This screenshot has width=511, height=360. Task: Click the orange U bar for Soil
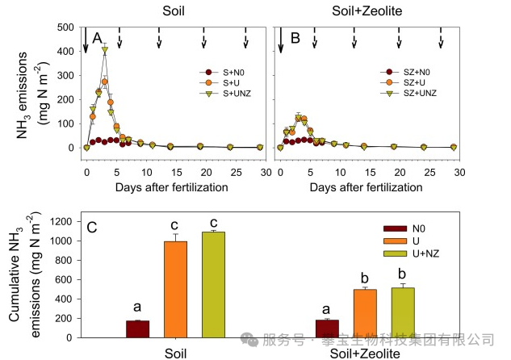pos(175,289)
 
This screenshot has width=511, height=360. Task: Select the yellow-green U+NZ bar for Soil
pos(213,284)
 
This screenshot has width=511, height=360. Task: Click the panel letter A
pos(97,39)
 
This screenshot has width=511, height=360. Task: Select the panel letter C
pos(92,228)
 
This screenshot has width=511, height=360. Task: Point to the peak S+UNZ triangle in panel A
pos(105,50)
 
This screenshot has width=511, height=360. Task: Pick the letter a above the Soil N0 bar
pos(137,307)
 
